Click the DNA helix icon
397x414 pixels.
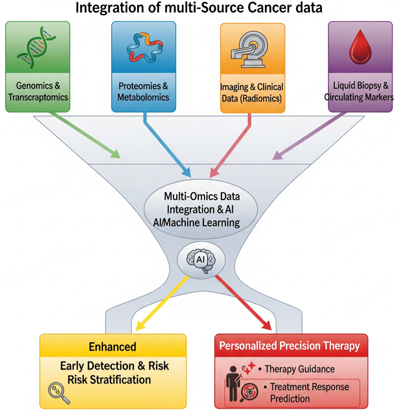click(x=37, y=45)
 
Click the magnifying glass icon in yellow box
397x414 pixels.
click(x=59, y=392)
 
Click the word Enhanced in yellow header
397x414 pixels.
click(x=113, y=346)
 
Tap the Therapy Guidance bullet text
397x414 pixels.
click(x=300, y=369)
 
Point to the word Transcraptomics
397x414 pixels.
click(x=38, y=97)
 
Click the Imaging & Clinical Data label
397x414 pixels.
click(x=251, y=92)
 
